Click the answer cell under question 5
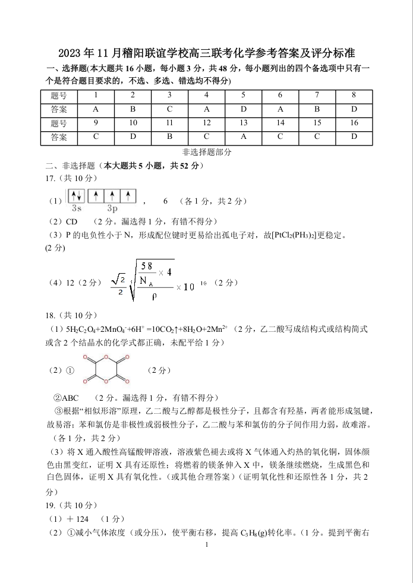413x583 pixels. tap(243, 109)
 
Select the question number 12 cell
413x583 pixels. tap(206, 123)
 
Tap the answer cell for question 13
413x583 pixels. tap(243, 137)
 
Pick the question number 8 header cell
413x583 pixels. tap(354, 95)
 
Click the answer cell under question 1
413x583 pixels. tap(96, 109)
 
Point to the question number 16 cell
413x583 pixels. tap(354, 123)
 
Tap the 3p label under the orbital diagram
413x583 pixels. tap(112, 208)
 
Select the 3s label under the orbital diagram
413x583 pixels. tap(77, 208)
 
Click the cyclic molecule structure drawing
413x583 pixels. tap(106, 370)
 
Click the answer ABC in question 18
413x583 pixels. tap(70, 398)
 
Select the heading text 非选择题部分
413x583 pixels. tap(207, 152)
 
